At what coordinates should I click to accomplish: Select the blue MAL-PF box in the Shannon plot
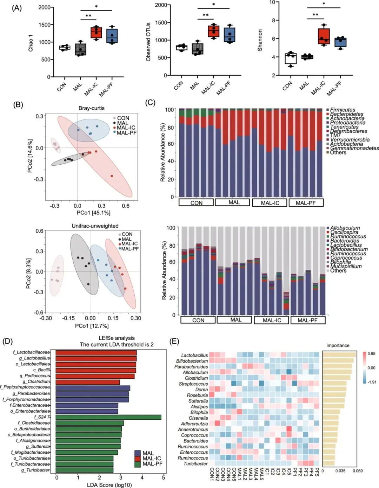coord(340,42)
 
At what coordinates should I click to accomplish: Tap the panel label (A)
coord(17,8)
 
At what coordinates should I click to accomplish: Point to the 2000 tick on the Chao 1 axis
coord(44,7)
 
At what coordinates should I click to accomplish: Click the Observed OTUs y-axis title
coord(148,42)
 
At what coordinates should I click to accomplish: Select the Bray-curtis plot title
coord(91,108)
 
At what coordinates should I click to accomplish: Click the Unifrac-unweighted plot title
coord(95,226)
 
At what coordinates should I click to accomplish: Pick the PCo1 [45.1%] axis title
coord(93,213)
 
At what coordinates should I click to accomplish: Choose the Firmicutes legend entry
coord(342,110)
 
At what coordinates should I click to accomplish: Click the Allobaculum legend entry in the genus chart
coord(345,228)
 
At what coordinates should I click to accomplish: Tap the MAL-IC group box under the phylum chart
coord(270,202)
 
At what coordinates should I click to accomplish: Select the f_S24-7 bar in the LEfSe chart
coord(108,417)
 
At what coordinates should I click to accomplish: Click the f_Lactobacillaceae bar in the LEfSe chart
coord(96,352)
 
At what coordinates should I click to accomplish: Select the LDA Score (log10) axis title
coord(109,485)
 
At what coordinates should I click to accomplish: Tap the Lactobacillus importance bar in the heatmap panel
coord(339,355)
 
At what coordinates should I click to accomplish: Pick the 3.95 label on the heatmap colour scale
coord(371,353)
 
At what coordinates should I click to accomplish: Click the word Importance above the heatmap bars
coord(338,345)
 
